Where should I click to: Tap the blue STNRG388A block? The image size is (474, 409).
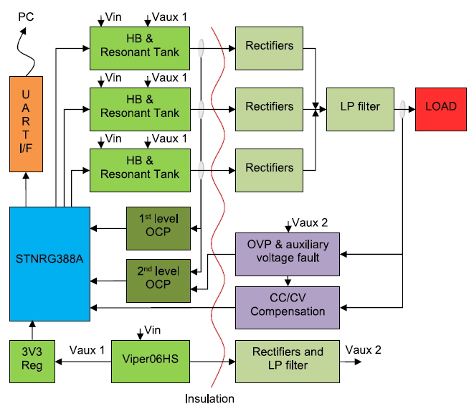tap(49, 263)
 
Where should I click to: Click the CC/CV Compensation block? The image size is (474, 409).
tap(288, 306)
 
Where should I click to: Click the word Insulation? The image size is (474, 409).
tap(209, 398)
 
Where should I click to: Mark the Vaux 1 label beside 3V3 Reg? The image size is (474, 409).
tap(87, 349)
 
